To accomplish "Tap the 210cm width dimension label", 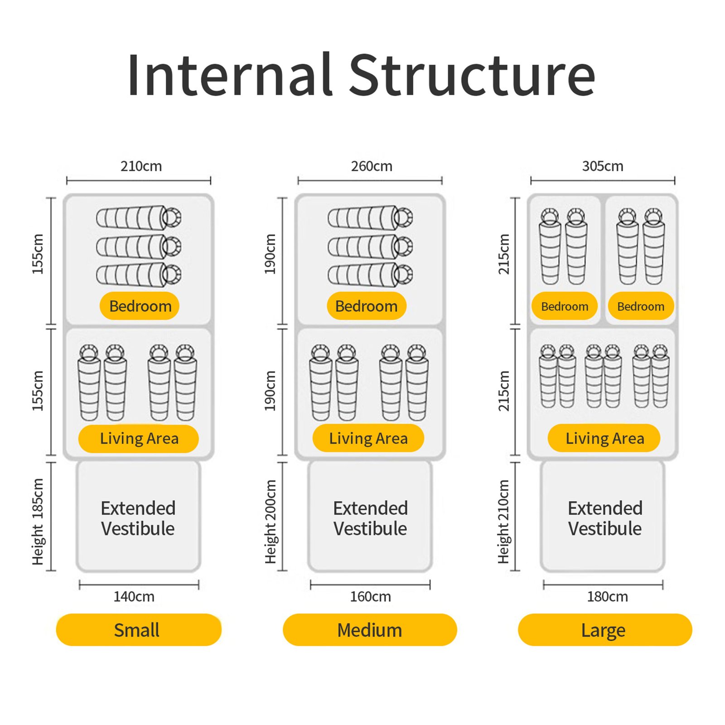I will point(141,166).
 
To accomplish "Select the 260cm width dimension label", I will point(372,166).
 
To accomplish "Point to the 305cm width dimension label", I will point(603,166).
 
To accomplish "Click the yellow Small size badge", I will point(138,630).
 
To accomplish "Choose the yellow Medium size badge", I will point(370,630).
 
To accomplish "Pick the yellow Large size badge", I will point(604,630).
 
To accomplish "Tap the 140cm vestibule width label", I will point(134,596).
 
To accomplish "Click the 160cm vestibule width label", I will point(370,596).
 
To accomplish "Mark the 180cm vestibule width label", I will point(607,596).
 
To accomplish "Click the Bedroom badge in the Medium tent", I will point(366,306).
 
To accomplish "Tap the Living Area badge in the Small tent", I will point(139,439).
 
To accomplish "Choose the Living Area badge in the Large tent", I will point(604,438).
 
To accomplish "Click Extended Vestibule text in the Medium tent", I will point(370,518).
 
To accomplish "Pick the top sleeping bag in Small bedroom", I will point(139,217).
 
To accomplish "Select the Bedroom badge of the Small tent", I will point(140,306).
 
